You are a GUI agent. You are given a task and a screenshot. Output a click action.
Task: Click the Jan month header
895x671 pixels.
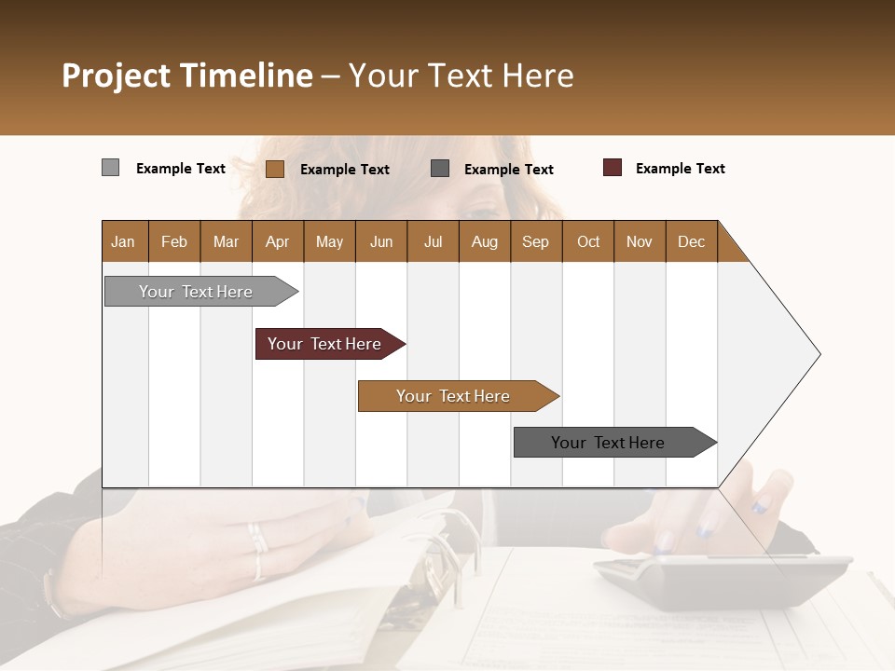click(124, 241)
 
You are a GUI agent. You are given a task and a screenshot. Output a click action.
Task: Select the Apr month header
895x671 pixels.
click(278, 241)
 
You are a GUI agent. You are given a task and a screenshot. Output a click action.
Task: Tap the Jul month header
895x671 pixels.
click(433, 241)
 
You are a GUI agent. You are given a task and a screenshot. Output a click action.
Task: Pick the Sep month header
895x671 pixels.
click(536, 241)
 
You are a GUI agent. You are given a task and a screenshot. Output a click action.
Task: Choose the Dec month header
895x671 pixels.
click(691, 241)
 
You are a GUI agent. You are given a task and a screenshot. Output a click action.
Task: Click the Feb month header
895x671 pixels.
click(174, 241)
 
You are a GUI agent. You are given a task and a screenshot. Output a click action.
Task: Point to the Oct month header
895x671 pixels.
click(588, 241)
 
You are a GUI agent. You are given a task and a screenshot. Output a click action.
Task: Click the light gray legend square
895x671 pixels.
click(111, 168)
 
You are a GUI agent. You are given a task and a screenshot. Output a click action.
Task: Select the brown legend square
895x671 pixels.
click(275, 169)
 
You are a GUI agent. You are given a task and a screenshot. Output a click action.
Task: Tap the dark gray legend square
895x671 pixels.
click(440, 168)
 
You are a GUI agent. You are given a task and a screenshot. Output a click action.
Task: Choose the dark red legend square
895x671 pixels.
click(613, 168)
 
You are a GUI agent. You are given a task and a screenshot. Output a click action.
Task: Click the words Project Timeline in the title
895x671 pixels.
click(187, 75)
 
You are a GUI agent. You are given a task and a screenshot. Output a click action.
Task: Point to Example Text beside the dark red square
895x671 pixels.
click(680, 169)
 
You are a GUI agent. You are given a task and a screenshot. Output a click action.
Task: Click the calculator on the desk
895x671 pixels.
click(723, 578)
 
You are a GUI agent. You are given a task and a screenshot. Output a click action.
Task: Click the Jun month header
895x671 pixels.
click(381, 241)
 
